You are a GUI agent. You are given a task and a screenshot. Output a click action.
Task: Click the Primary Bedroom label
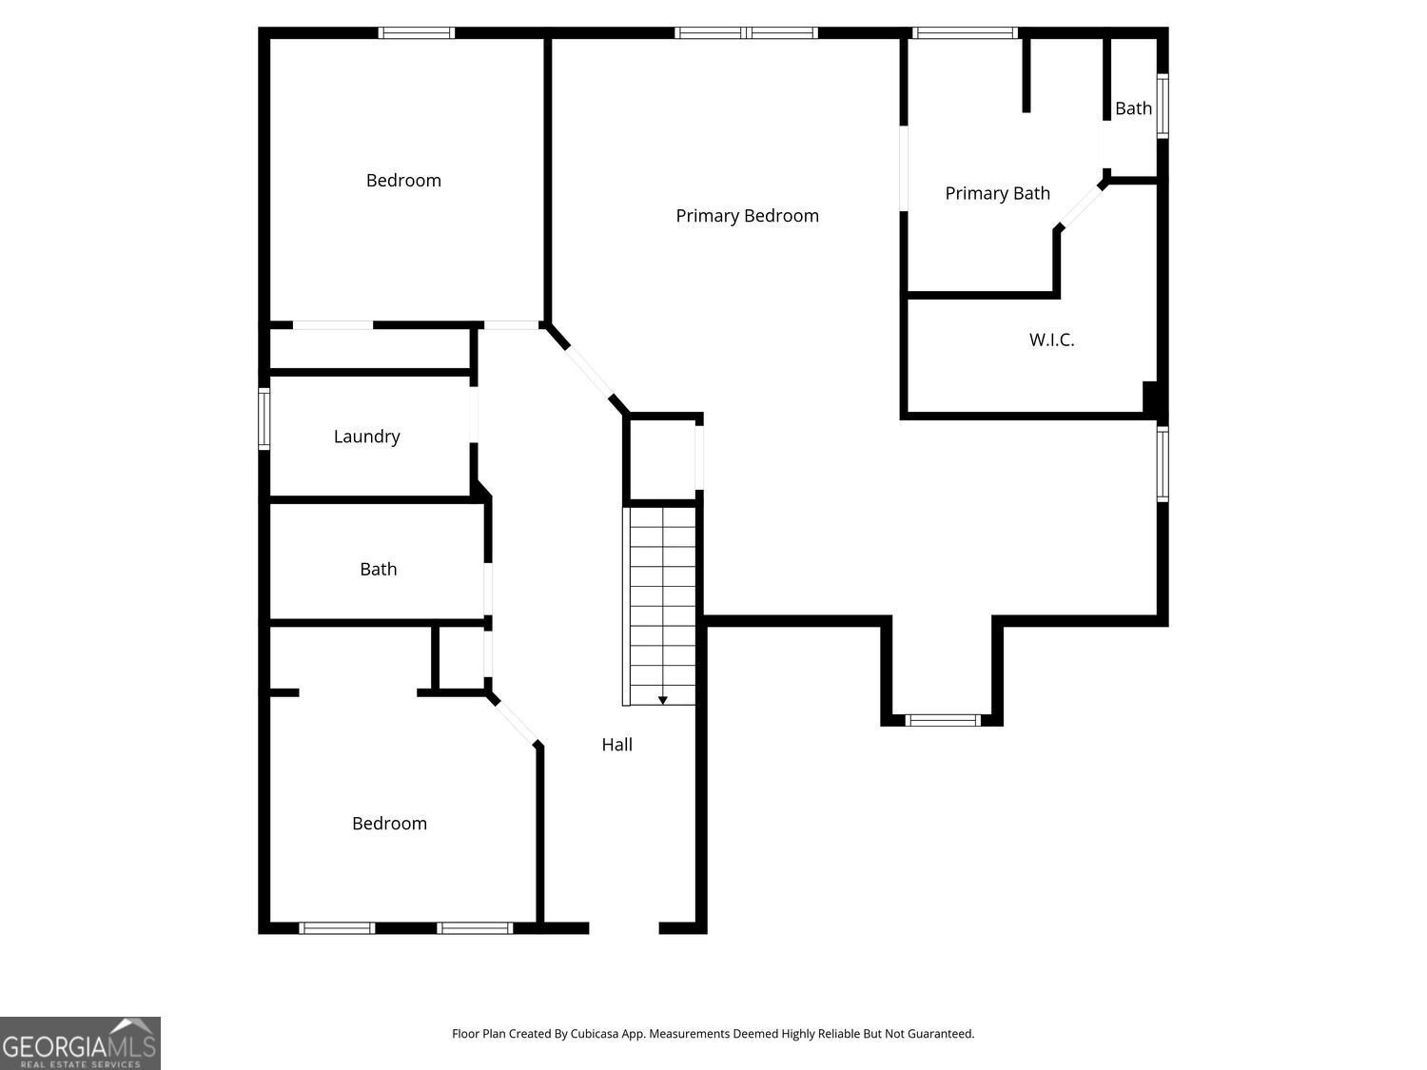(x=747, y=216)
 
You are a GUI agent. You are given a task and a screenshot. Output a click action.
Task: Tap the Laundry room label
(x=366, y=437)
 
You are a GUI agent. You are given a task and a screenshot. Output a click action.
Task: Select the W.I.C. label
(x=1051, y=340)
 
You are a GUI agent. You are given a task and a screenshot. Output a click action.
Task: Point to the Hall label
(x=616, y=745)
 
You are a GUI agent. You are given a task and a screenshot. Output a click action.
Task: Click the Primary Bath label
(x=997, y=193)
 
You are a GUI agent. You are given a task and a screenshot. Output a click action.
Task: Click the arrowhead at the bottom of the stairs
(x=662, y=700)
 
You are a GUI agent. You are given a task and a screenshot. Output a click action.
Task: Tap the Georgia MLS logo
(x=80, y=1043)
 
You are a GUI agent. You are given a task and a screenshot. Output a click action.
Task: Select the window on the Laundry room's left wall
(x=264, y=419)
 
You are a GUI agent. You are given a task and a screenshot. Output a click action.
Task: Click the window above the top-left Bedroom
(x=417, y=33)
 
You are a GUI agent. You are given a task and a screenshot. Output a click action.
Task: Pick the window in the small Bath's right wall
(x=1163, y=106)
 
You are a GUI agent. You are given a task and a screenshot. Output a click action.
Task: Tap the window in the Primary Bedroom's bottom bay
(x=943, y=720)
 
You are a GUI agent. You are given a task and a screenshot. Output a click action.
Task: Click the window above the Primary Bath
(x=965, y=33)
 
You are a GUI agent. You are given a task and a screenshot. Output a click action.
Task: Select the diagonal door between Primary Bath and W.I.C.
(x=1080, y=206)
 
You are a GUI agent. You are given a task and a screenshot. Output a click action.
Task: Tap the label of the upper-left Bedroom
(x=403, y=181)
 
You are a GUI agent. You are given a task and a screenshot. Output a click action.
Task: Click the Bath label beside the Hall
(x=379, y=569)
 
